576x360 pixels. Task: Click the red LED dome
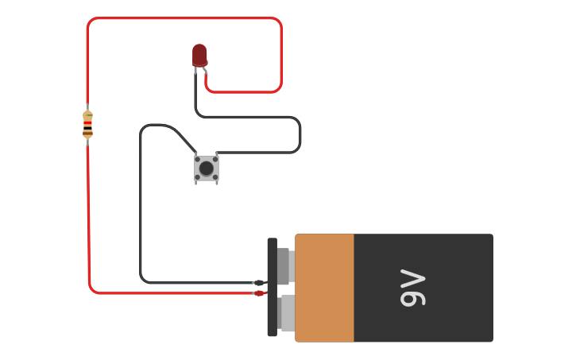pos(199,55)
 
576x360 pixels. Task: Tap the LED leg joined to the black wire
pos(195,70)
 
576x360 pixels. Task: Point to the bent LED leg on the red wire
pos(205,71)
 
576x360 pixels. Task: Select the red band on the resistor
pos(87,123)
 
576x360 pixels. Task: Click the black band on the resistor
pos(87,128)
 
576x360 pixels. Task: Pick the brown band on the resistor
pos(87,134)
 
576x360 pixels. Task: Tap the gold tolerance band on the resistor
pos(88,115)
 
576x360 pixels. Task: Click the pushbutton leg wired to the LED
pos(217,153)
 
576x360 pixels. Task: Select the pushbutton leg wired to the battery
pos(195,153)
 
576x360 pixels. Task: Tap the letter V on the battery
pos(413,277)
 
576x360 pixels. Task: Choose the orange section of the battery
pos(324,288)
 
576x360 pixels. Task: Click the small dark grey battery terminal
pos(283,266)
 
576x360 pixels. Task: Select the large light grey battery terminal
pos(288,312)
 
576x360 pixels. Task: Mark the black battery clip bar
pos(273,287)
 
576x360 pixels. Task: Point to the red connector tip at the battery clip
pos(259,293)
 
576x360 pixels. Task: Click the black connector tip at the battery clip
pos(259,283)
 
